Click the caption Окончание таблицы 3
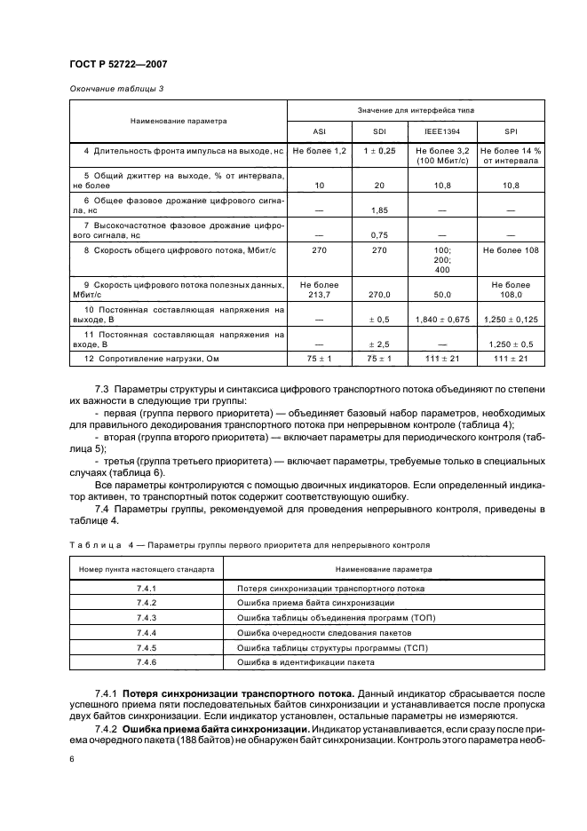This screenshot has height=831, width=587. [115, 88]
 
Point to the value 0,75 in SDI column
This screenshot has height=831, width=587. [380, 235]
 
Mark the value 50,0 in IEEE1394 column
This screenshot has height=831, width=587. [444, 293]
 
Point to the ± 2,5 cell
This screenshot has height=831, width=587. [380, 343]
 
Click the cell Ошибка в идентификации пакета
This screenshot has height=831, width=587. [305, 662]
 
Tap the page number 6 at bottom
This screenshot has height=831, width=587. [71, 760]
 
